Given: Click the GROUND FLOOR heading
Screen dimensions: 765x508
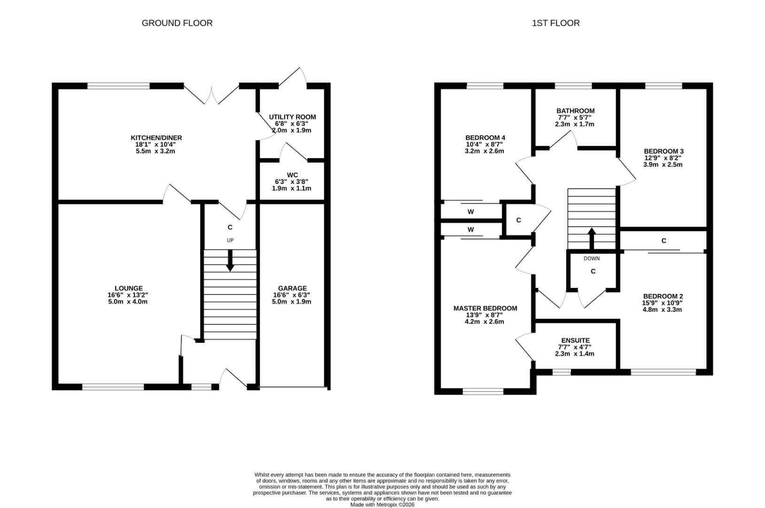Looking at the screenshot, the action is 177,23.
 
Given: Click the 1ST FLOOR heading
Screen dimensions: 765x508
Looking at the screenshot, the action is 555,23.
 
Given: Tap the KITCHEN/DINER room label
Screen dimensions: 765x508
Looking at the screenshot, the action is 156,138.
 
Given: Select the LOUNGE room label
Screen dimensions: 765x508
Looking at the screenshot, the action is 128,288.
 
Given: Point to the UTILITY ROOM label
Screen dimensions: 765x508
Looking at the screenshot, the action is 292,117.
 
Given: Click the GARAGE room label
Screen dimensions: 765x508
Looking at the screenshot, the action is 292,288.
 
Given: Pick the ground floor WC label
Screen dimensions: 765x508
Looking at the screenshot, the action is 292,175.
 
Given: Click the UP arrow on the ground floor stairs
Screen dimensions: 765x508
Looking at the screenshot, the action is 230,261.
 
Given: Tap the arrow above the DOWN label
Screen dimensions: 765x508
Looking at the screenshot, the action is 592,238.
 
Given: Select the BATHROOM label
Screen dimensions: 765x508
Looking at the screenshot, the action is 576,111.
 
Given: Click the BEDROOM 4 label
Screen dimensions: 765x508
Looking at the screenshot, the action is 485,138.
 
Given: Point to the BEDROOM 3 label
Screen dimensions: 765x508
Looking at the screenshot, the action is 664,151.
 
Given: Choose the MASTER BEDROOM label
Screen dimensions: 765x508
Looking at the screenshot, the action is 485,309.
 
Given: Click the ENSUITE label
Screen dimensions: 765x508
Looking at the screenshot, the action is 576,341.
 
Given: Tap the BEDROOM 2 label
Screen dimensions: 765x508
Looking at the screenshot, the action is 663,296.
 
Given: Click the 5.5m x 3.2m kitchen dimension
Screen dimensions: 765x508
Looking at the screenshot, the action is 156,151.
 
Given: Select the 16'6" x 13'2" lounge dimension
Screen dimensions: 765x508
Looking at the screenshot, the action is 128,295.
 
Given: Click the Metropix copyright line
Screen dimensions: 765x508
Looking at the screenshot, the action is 382,505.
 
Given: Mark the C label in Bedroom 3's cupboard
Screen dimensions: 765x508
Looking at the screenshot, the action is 664,241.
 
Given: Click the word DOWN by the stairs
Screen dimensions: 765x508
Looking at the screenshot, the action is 592,258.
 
